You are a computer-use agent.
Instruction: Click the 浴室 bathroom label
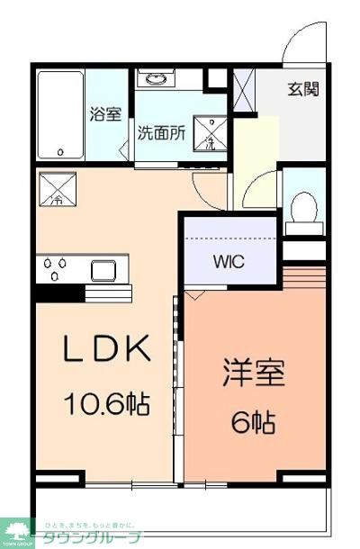tap(105, 114)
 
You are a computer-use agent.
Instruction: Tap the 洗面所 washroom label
tap(161, 132)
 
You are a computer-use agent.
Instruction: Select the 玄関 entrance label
tap(302, 89)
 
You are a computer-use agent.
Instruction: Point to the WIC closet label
tap(228, 263)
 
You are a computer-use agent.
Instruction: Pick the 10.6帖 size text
tap(105, 404)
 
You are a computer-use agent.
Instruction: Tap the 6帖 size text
tap(254, 420)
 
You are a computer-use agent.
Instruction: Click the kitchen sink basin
tap(102, 269)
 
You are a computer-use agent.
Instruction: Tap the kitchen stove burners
tap(56, 268)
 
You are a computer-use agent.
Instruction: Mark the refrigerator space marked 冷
tap(58, 190)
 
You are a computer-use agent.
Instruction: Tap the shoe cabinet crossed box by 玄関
tap(244, 89)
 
